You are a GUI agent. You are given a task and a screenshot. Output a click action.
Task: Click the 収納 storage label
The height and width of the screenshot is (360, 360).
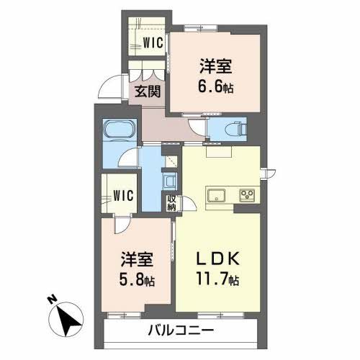coord(171,202)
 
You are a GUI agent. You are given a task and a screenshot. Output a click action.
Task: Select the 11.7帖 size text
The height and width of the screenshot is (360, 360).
coord(214,281)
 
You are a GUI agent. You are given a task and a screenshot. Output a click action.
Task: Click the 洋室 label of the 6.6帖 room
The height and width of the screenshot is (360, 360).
coord(216,66)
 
